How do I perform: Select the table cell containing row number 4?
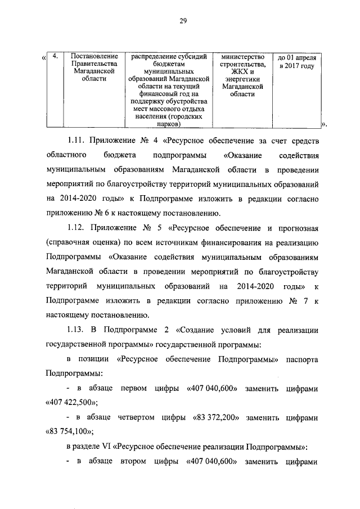click(54, 57)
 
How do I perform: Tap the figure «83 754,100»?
click(69, 433)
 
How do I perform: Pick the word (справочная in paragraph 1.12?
click(69, 243)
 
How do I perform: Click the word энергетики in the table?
click(242, 80)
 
